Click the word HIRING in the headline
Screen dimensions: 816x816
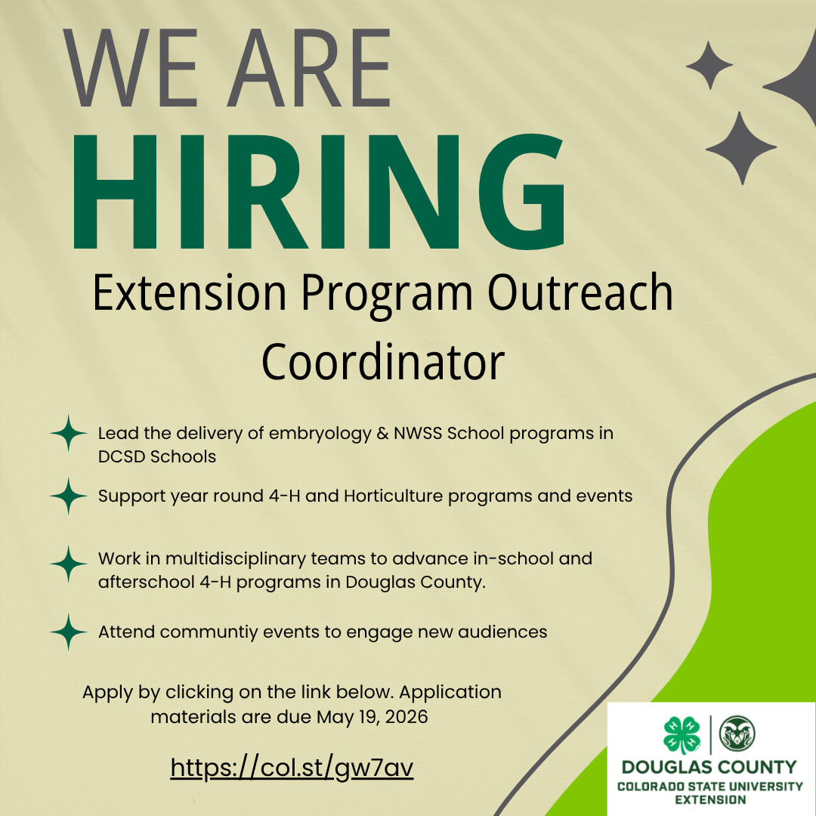(x=319, y=191)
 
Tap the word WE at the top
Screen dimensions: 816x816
(x=130, y=68)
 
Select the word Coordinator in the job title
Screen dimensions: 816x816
(x=383, y=362)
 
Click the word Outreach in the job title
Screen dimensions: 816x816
(x=580, y=292)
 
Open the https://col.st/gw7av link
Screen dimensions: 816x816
(x=292, y=768)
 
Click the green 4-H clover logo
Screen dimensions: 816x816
(x=682, y=735)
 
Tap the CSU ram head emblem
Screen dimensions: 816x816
(x=737, y=733)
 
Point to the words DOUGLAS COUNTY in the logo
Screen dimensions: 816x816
(x=709, y=767)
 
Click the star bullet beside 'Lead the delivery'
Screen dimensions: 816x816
(x=68, y=433)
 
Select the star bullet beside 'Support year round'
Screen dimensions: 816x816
(x=68, y=496)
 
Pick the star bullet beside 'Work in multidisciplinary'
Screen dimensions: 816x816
(x=68, y=564)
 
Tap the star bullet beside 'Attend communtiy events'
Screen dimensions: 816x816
(x=68, y=632)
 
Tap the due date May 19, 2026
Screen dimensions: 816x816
(x=372, y=718)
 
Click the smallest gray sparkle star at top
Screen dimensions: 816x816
(x=709, y=66)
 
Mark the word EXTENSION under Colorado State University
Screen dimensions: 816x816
(x=710, y=800)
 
